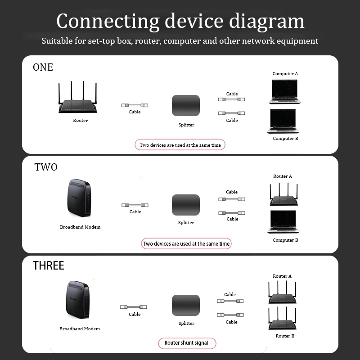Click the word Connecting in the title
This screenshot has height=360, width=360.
[108, 21]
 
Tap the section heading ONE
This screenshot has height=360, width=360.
[43, 67]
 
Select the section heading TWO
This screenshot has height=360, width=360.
[46, 167]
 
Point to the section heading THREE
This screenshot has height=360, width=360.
[49, 265]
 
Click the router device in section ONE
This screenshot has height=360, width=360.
[78, 101]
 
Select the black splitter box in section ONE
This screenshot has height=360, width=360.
[186, 106]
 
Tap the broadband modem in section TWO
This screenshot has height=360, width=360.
[78, 198]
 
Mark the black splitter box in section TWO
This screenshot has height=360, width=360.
[186, 205]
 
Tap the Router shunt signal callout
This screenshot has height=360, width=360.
[186, 343]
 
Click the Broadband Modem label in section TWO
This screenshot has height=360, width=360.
[80, 227]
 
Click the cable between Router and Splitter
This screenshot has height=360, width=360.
[135, 105]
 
